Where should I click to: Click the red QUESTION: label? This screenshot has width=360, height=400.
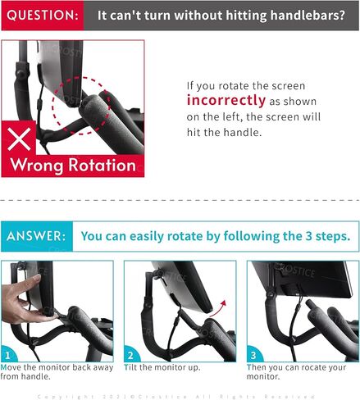tap(42, 15)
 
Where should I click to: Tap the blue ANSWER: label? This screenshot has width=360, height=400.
tap(37, 237)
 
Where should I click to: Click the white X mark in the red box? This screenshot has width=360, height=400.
tap(22, 136)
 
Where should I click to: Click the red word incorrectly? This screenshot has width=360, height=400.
tap(226, 100)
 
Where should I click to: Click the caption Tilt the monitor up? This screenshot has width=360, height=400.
tap(164, 369)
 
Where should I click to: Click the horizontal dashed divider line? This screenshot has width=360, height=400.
tap(180, 199)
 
